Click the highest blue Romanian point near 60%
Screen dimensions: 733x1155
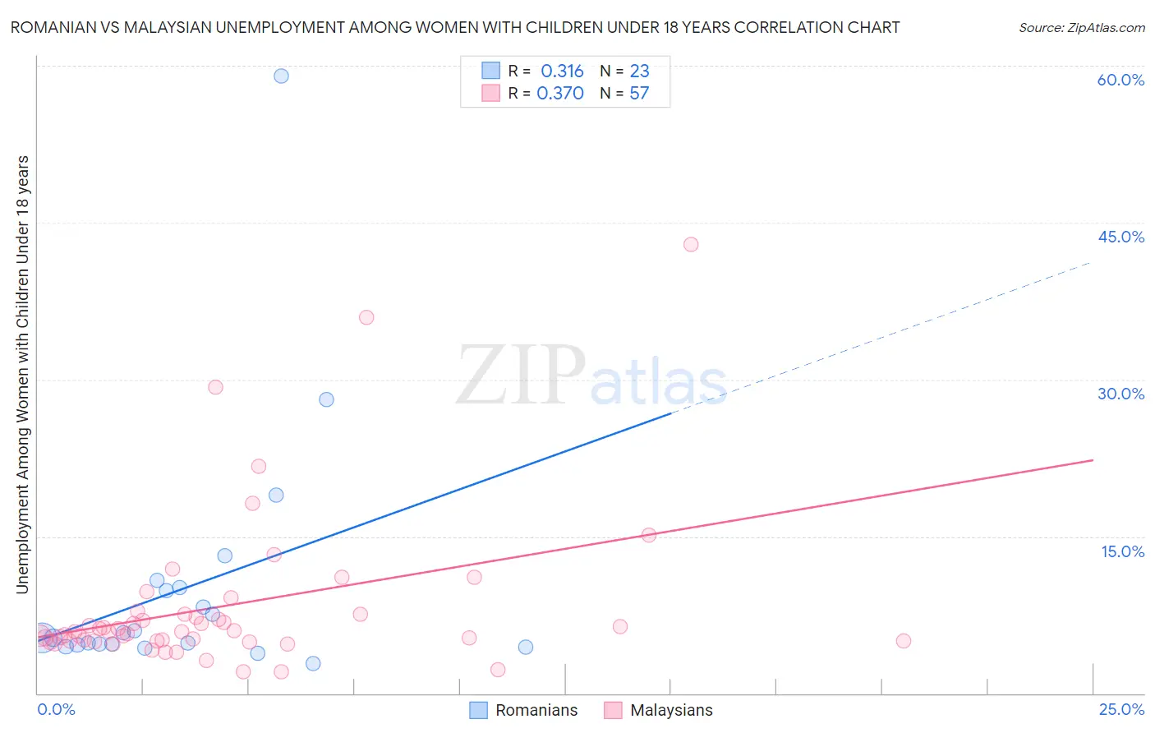click(281, 76)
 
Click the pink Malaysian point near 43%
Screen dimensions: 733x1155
click(691, 244)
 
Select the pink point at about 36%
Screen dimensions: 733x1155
click(366, 317)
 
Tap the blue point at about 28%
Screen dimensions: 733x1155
click(326, 399)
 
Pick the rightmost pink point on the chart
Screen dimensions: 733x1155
click(904, 641)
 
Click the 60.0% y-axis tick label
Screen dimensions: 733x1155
click(1120, 80)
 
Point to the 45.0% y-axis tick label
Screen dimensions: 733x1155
click(1120, 237)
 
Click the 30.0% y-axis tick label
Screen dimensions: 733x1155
click(1120, 394)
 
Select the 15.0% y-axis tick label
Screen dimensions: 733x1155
click(1122, 551)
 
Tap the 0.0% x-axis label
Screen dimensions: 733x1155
click(56, 709)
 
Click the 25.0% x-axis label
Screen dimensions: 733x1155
click(1121, 709)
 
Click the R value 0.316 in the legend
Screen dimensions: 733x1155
click(562, 71)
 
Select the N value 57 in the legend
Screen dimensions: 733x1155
click(639, 93)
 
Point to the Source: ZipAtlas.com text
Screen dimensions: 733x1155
click(1081, 27)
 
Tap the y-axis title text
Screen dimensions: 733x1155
click(22, 374)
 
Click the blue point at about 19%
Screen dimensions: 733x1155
click(276, 495)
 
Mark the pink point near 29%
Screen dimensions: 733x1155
click(215, 387)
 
